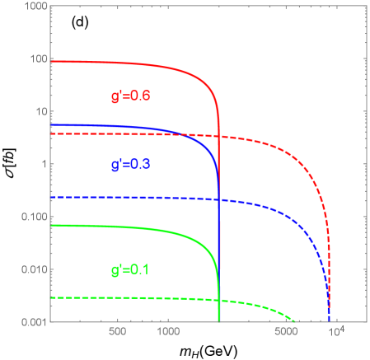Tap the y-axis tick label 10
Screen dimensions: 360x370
coord(39,112)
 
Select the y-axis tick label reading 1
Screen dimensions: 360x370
coord(42,165)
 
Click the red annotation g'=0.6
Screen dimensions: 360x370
coord(130,96)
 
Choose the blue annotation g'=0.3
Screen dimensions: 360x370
coord(130,165)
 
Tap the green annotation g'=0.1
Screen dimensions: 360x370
coord(130,269)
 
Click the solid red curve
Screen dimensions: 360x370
coord(124,63)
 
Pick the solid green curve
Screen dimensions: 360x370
coord(124,227)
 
